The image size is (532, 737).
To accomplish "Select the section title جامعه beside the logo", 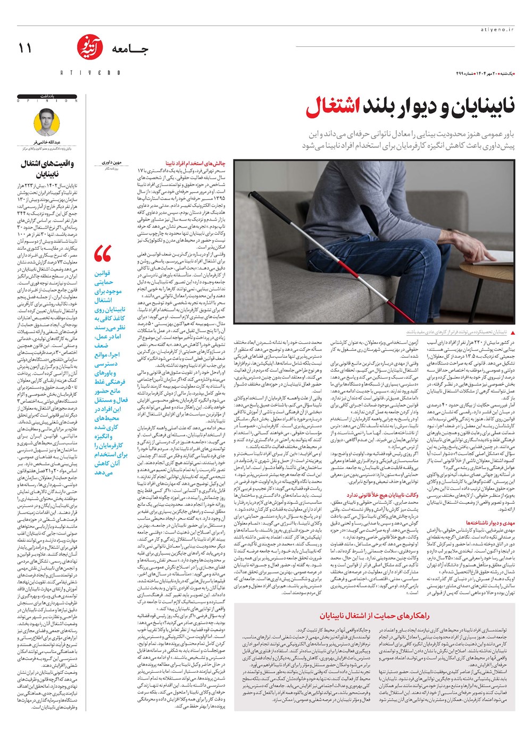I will (x=130, y=49).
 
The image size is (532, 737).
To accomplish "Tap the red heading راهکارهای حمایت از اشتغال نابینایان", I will (x=375, y=615).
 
